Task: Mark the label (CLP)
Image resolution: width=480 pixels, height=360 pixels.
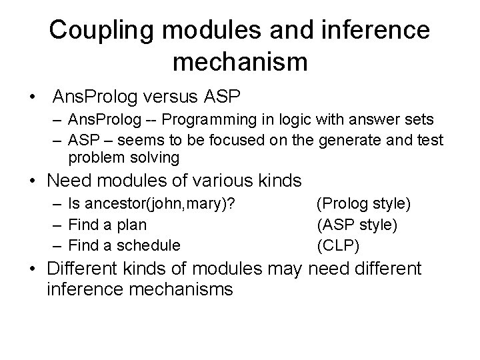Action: (338, 245)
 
